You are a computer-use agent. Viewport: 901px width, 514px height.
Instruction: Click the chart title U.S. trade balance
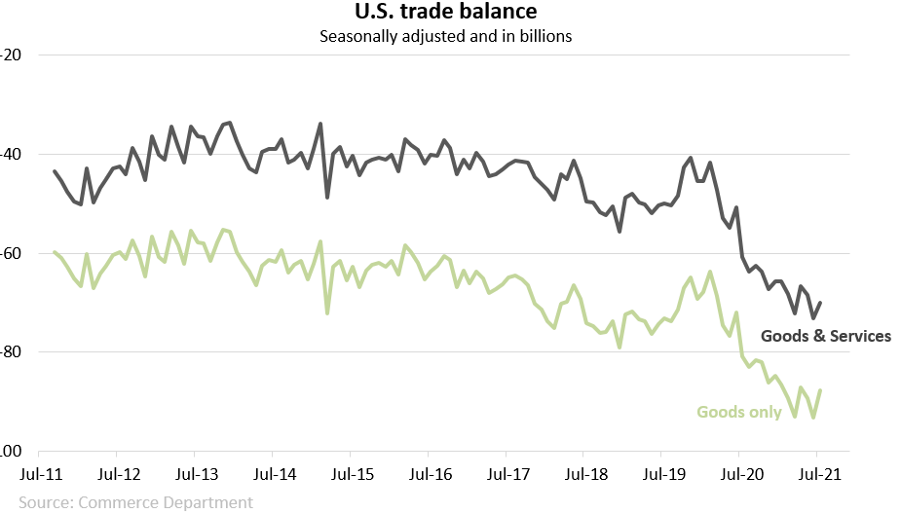click(445, 13)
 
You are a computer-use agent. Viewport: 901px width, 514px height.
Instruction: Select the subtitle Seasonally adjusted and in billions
click(445, 37)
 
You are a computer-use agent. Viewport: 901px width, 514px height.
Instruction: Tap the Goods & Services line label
click(825, 336)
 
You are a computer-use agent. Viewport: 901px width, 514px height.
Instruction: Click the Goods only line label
click(739, 412)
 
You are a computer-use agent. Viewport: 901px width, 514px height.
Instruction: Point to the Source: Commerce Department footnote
click(135, 502)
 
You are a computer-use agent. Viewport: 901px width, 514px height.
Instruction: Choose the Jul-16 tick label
click(428, 475)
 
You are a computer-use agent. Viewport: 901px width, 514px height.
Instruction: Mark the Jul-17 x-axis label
click(506, 475)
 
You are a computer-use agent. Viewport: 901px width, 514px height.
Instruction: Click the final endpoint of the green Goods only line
click(821, 390)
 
